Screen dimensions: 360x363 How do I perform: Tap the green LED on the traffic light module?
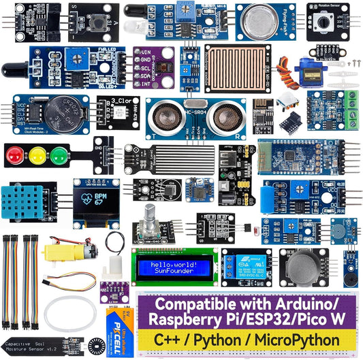coord(59,155)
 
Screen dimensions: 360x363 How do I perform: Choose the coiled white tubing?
coord(70,312)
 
